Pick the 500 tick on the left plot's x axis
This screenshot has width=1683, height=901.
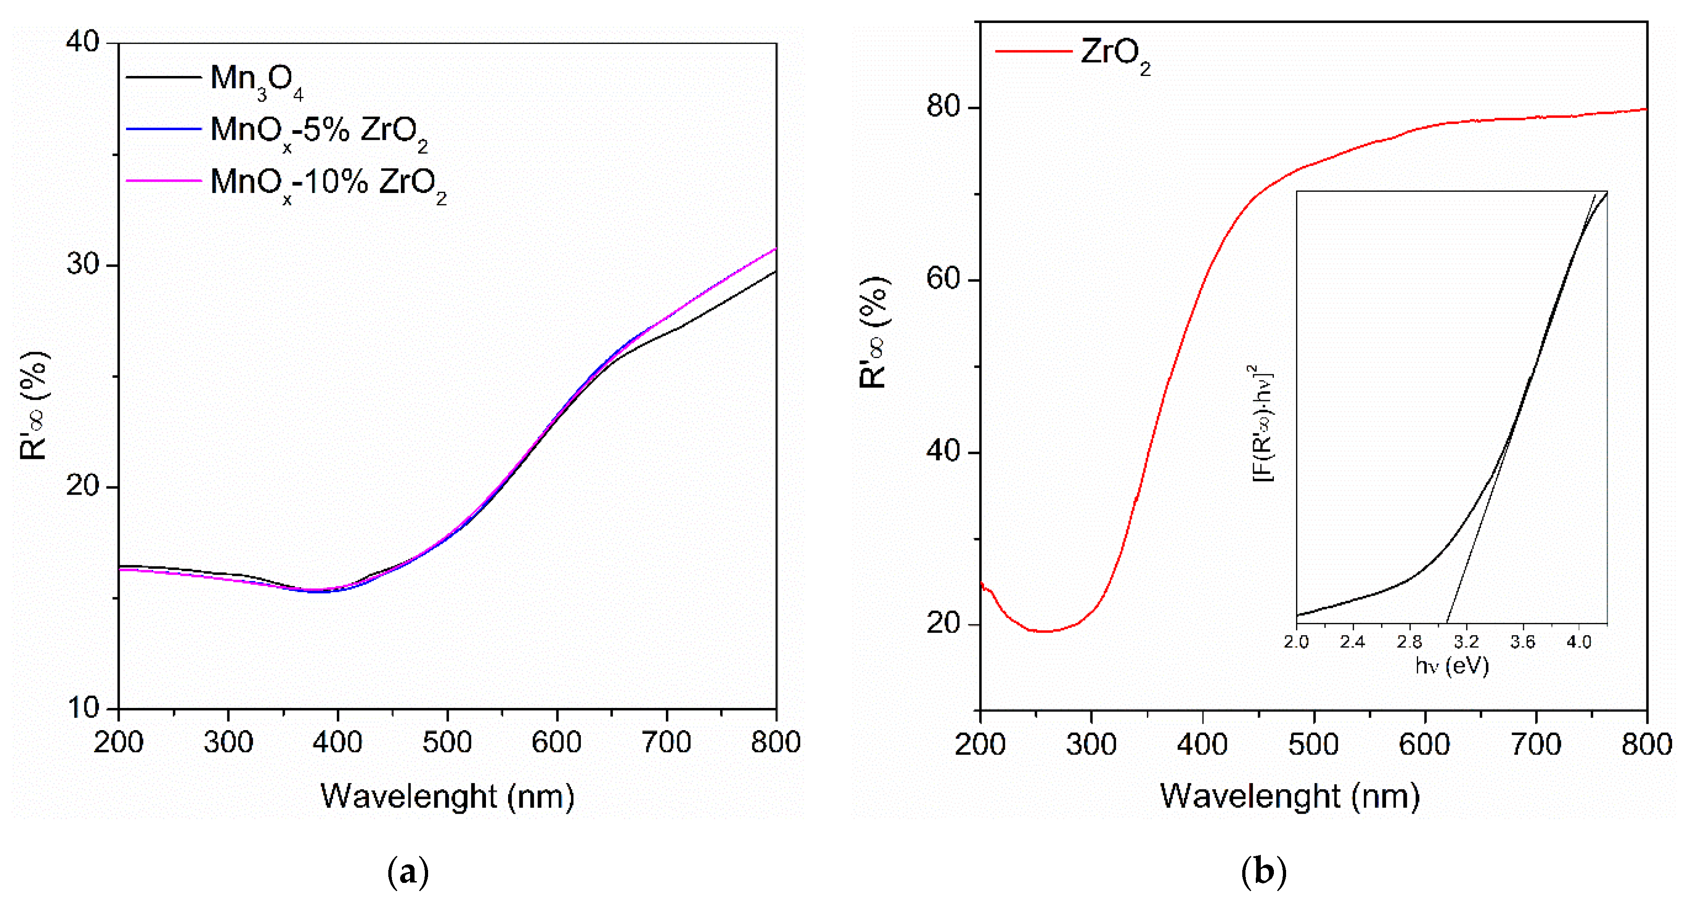tap(447, 742)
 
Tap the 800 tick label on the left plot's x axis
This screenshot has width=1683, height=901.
tap(776, 742)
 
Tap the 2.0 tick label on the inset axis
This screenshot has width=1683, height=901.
tap(1296, 642)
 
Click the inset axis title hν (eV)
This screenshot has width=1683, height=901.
tap(1452, 666)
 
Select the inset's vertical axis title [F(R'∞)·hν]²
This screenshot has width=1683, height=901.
tap(1262, 424)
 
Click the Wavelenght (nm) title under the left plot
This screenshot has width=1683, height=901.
tap(447, 797)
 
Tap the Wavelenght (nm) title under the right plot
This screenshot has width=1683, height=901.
tap(1289, 797)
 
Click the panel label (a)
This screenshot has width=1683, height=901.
tap(408, 872)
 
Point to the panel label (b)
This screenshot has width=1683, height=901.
tap(1263, 872)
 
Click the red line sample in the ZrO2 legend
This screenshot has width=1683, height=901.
tap(1033, 51)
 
